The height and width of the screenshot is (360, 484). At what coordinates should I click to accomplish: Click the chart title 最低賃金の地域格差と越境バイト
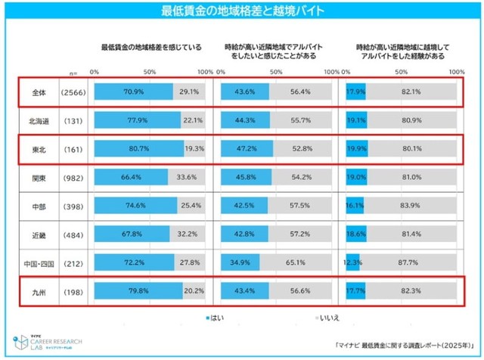tap(242, 11)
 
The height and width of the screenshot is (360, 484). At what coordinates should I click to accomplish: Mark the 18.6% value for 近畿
tap(355, 235)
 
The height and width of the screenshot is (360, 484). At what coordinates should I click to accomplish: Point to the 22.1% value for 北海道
tap(193, 119)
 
